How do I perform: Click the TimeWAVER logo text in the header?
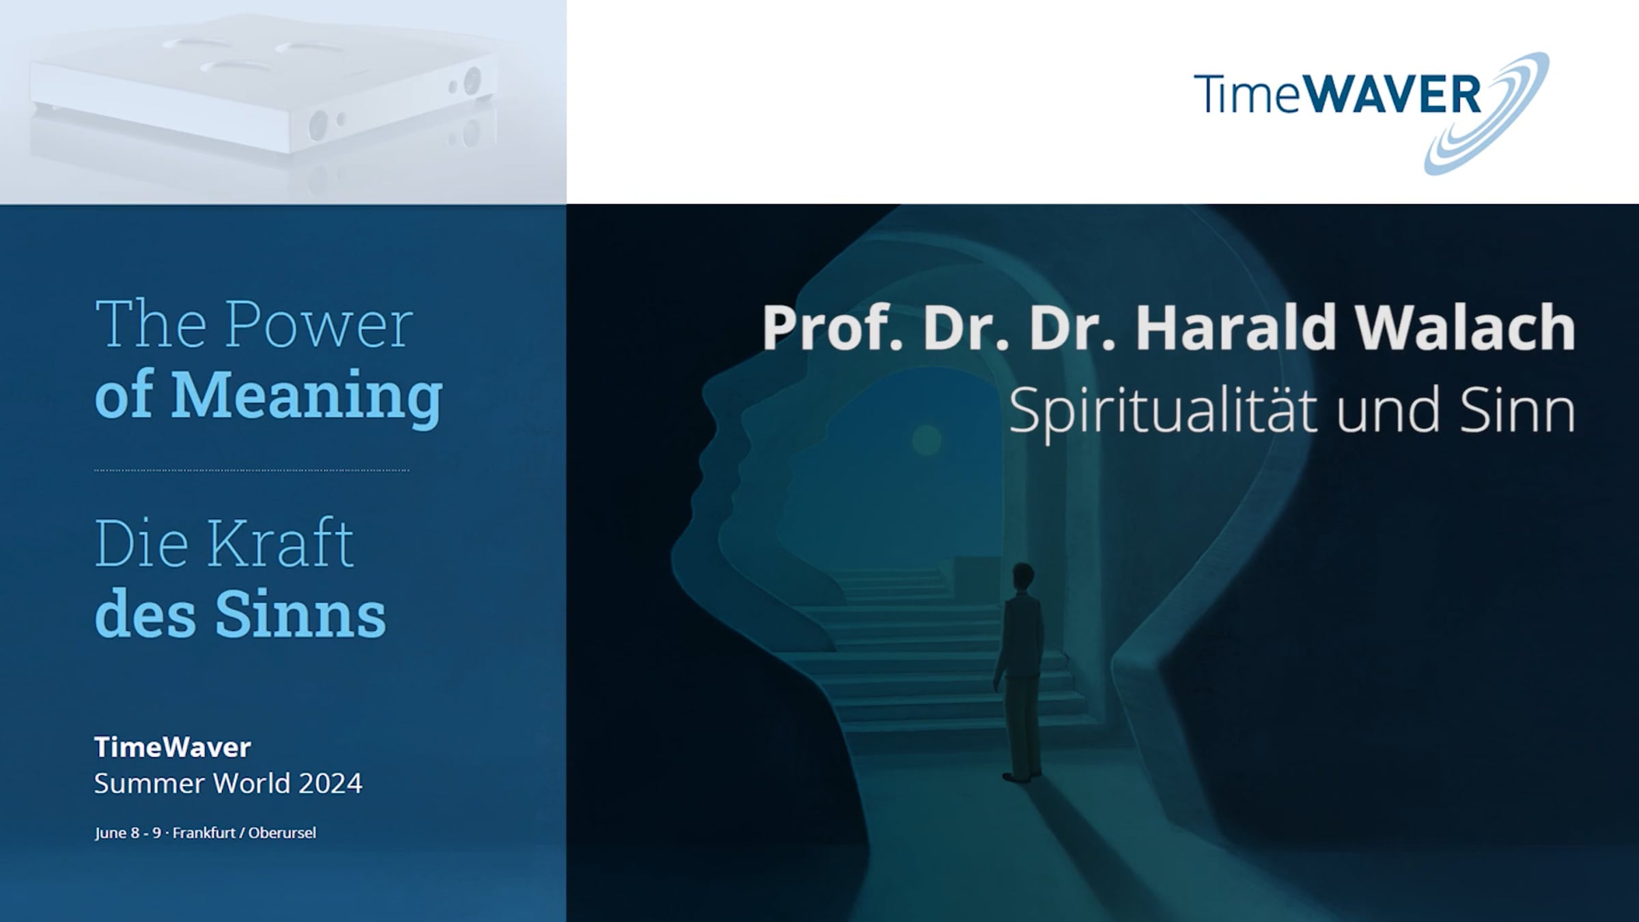pyautogui.click(x=1336, y=94)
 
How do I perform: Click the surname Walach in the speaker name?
pyautogui.click(x=1465, y=328)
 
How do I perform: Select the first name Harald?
pyautogui.click(x=1236, y=328)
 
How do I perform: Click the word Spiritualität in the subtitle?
pyautogui.click(x=1162, y=410)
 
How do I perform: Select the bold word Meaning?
pyautogui.click(x=307, y=397)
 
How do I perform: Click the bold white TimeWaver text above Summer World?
pyautogui.click(x=173, y=747)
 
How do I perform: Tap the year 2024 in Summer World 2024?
pyautogui.click(x=330, y=783)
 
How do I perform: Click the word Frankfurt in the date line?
pyautogui.click(x=204, y=833)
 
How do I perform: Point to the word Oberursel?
pyautogui.click(x=282, y=833)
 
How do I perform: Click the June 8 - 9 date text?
pyautogui.click(x=128, y=833)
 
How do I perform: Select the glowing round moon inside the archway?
pyautogui.click(x=927, y=439)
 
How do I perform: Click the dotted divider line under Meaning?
pyautogui.click(x=251, y=470)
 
